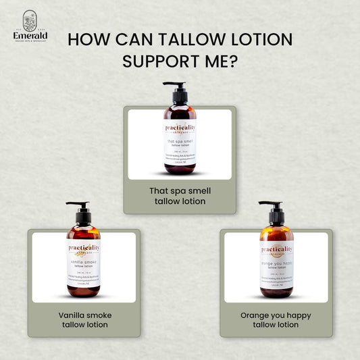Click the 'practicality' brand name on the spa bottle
180,127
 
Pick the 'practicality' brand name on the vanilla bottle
84,248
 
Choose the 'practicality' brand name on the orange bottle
277,249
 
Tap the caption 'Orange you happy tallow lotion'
276,319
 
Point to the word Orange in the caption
255,315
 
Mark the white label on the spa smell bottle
180,142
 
